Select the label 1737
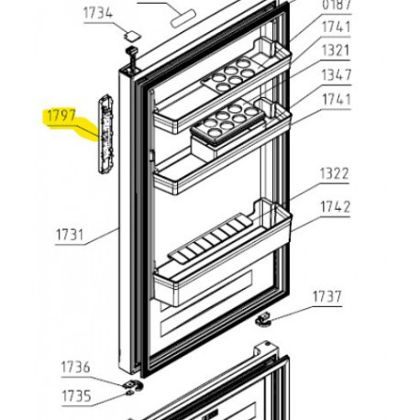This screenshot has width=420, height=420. tap(326, 296)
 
